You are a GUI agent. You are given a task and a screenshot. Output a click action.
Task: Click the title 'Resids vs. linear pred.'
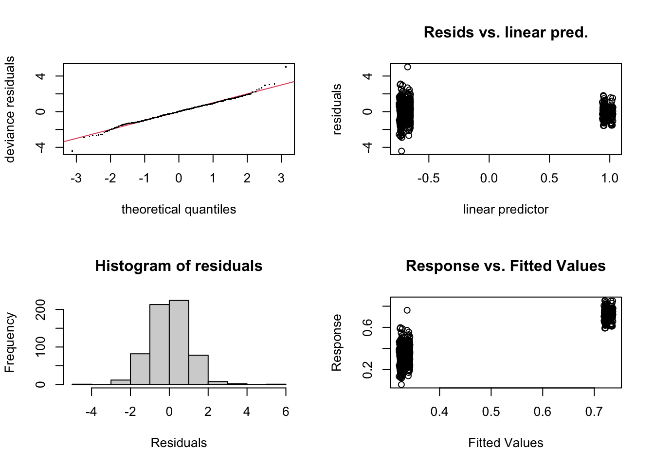(506, 33)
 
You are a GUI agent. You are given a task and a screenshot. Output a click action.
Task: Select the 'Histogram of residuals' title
(179, 266)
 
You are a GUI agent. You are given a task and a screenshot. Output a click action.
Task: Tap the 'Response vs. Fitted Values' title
(506, 266)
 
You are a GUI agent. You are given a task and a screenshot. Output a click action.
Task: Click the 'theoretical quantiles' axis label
(179, 210)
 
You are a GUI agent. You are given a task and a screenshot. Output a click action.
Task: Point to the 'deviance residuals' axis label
(10, 109)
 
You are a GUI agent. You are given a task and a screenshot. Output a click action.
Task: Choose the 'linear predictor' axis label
(506, 210)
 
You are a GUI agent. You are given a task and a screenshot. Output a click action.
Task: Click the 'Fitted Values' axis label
(506, 443)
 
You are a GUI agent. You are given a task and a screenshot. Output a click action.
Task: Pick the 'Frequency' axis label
(10, 342)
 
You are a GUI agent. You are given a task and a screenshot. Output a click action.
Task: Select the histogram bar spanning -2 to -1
(140, 369)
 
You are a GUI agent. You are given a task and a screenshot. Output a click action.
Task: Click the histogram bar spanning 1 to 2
(198, 370)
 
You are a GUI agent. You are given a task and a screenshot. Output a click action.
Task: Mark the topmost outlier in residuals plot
(407, 67)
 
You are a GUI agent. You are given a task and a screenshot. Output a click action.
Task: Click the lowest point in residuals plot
(401, 151)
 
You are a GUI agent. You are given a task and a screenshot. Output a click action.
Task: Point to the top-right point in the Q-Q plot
(286, 67)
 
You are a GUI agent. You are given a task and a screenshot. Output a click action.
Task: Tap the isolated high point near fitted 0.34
(407, 310)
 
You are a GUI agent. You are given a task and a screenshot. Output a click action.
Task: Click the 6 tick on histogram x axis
(286, 412)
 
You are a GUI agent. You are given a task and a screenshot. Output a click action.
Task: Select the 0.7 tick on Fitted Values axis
(594, 412)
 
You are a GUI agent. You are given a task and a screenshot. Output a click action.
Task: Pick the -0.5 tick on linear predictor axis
(429, 179)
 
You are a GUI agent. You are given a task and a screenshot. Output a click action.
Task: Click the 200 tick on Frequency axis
(41, 309)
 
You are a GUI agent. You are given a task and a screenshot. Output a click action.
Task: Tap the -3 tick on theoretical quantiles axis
(76, 179)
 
